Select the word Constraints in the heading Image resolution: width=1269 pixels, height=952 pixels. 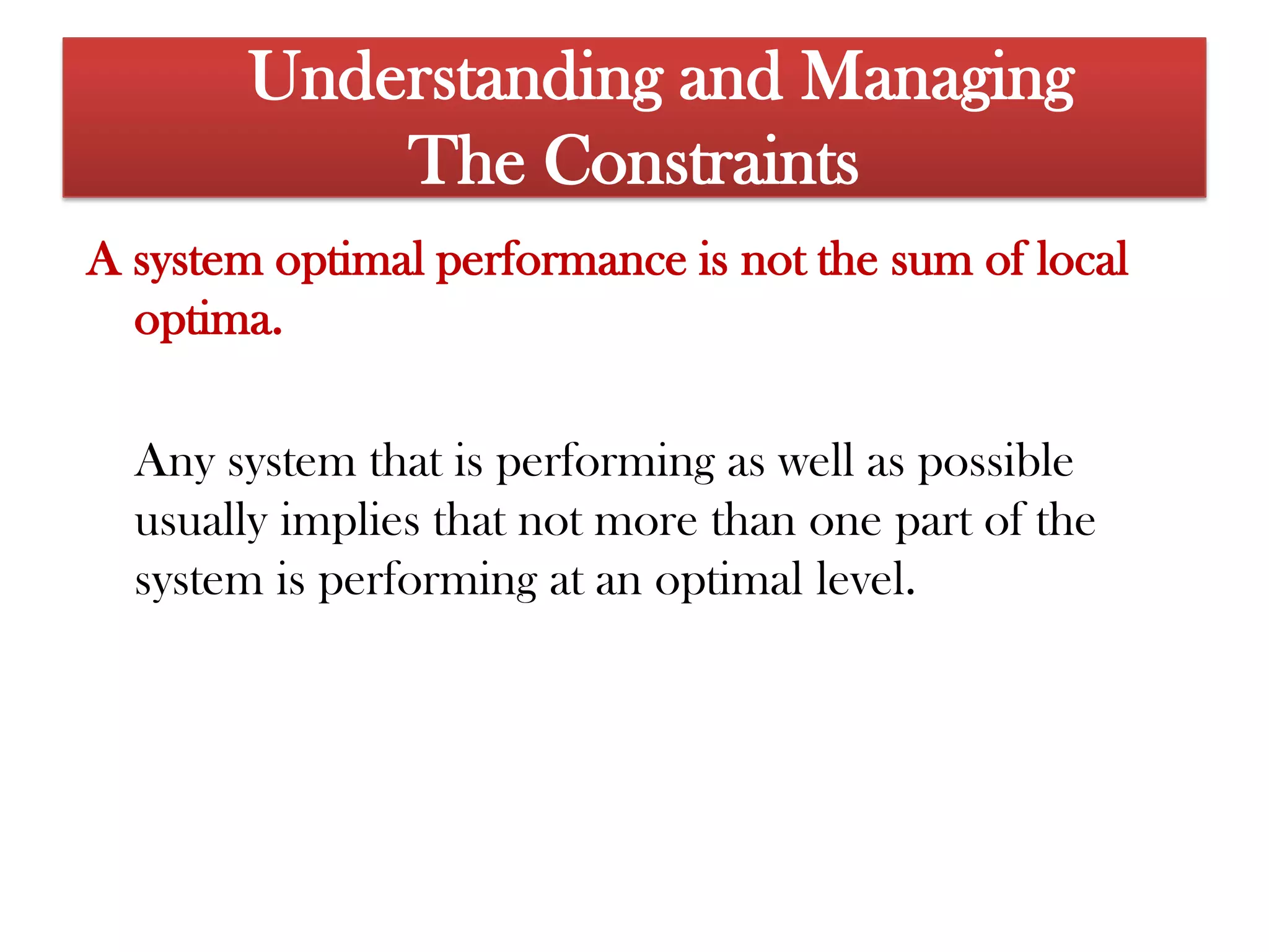pyautogui.click(x=701, y=161)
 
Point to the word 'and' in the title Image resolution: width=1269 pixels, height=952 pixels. pyautogui.click(x=729, y=77)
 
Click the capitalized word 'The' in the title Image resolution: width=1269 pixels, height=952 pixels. pyautogui.click(x=467, y=161)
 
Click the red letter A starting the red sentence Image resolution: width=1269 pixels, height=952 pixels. pyautogui.click(x=102, y=259)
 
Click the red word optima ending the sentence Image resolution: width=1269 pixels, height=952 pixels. pyautogui.click(x=208, y=320)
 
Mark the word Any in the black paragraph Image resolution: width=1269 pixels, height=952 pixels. pyautogui.click(x=175, y=462)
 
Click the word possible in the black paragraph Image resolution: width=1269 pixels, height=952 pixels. pyautogui.click(x=995, y=462)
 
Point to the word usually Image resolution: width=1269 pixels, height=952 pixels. pyautogui.click(x=201, y=521)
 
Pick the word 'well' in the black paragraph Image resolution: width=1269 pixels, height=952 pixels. pyautogui.click(x=815, y=462)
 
